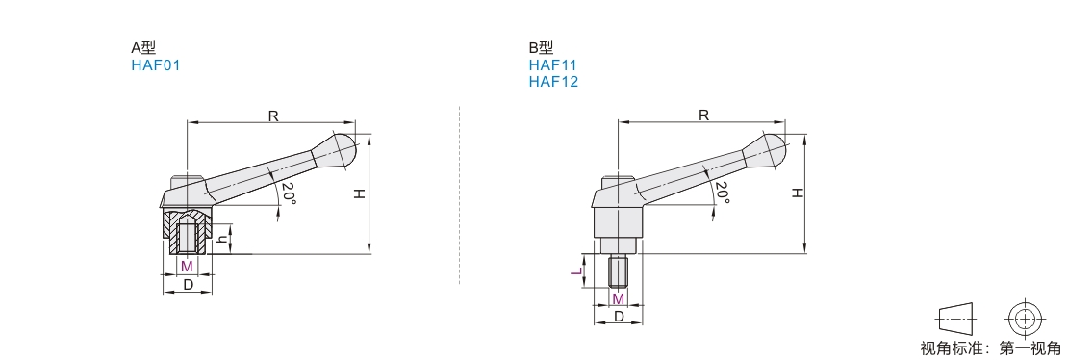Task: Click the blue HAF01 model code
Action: pos(155,65)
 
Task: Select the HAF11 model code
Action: pos(553,65)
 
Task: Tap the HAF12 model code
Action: pos(553,82)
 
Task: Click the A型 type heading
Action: pos(143,48)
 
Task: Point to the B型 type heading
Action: pos(541,48)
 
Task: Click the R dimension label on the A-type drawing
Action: pos(273,116)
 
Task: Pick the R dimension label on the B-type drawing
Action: pos(703,116)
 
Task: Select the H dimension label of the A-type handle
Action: pos(360,193)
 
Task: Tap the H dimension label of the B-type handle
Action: pos(797,193)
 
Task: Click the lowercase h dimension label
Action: pos(220,240)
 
